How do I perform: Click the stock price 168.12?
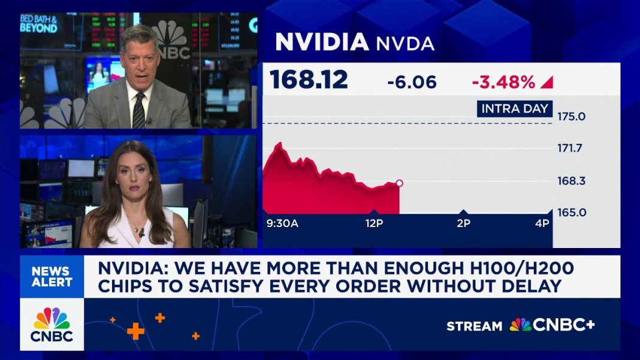(309, 80)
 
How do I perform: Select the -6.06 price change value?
(412, 82)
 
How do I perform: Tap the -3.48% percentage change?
(503, 82)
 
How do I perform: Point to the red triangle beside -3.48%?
(547, 82)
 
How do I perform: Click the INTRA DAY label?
(514, 108)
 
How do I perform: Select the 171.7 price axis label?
(571, 148)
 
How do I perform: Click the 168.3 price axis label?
(571, 180)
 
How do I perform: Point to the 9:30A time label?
(282, 224)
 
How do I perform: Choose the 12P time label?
(374, 224)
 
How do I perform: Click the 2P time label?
(463, 224)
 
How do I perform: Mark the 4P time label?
(542, 224)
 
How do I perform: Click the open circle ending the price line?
(399, 183)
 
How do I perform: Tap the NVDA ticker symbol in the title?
(404, 44)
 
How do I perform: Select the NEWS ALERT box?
(52, 277)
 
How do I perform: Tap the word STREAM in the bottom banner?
(474, 326)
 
